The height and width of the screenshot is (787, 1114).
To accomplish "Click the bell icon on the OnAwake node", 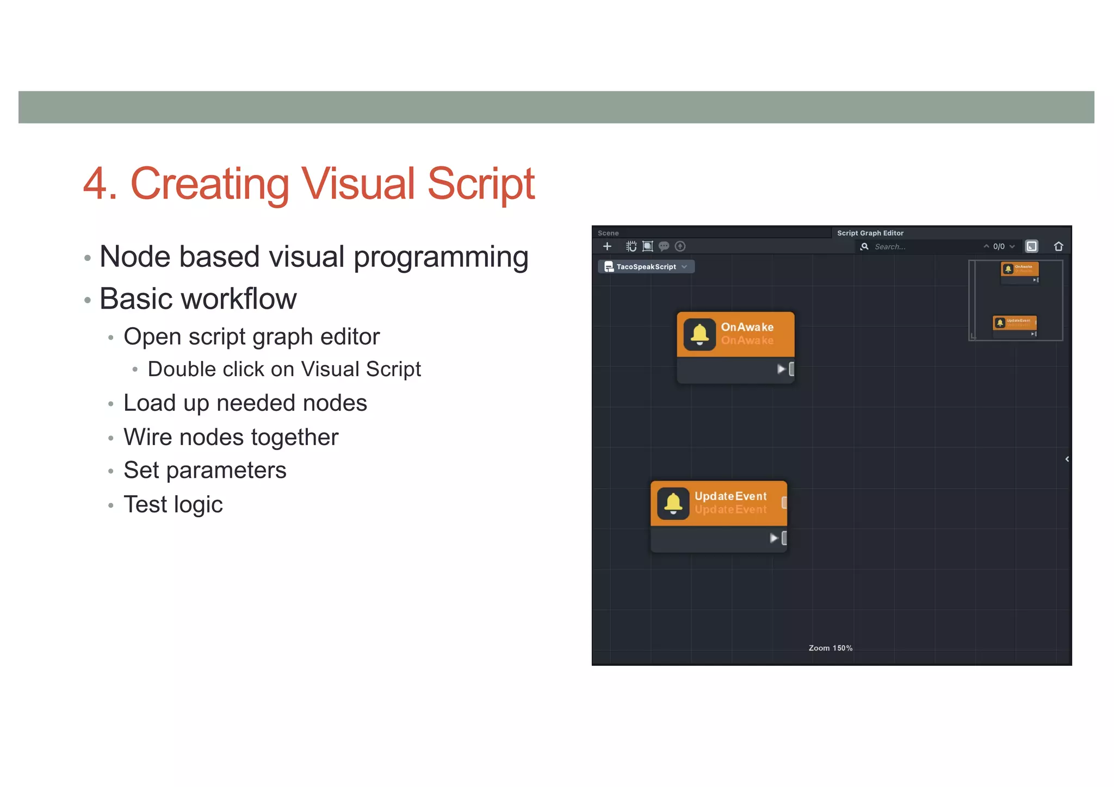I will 700,334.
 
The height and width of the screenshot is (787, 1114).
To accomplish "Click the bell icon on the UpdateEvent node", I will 673,503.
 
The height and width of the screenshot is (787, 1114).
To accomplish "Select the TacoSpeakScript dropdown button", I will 646,267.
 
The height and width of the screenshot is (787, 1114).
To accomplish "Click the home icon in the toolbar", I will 1058,246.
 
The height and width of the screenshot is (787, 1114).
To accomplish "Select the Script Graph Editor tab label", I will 870,233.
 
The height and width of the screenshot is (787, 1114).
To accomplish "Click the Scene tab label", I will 608,233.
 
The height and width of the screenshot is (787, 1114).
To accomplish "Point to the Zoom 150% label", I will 830,648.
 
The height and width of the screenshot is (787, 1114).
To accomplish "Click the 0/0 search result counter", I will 999,247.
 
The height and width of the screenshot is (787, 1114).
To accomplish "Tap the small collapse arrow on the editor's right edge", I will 1067,459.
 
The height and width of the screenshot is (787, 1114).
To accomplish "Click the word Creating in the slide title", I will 209,184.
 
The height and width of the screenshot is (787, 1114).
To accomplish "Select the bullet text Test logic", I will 173,504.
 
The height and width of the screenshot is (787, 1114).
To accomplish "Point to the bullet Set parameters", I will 205,471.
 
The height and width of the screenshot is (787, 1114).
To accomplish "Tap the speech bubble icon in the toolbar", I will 664,246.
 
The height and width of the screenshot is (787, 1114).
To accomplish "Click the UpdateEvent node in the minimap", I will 1014,323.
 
